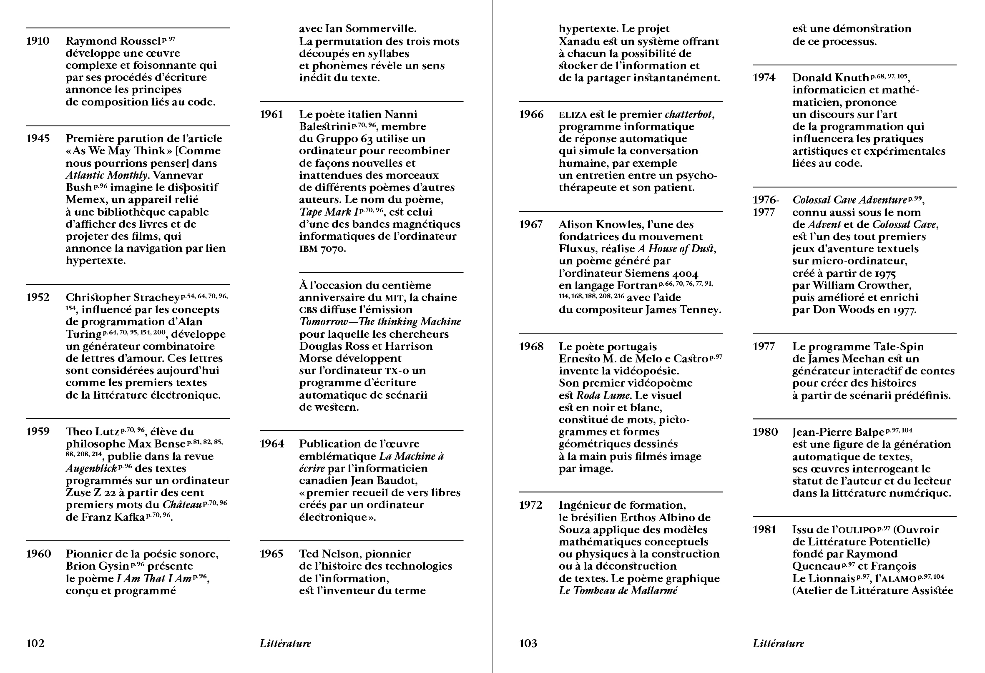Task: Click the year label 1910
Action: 38,41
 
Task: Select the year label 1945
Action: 38,138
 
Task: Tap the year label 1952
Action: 38,297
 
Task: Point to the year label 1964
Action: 271,444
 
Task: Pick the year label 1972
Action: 530,505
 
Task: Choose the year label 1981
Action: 764,530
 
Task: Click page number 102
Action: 35,643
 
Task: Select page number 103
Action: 528,643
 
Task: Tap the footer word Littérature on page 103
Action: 778,643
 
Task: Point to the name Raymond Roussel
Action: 113,41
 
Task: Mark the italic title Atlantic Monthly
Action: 106,176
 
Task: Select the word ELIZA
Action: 573,115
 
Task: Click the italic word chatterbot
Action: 688,114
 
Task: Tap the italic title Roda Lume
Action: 603,395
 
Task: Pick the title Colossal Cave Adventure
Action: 849,200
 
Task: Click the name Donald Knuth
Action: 830,78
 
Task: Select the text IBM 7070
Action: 322,249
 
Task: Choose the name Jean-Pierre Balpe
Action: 838,432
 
